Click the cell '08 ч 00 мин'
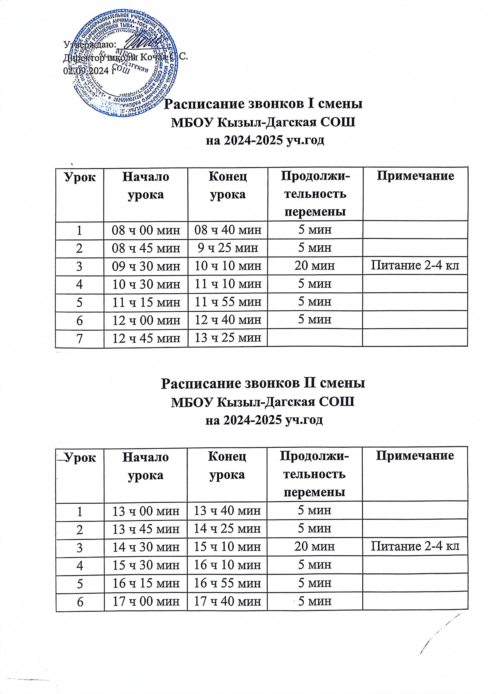pos(146,230)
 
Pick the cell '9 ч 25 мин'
pos(227,248)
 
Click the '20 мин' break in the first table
pos(315,266)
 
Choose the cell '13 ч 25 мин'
pos(227,338)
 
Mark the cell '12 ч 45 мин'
pos(146,338)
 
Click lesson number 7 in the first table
pos(80,338)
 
